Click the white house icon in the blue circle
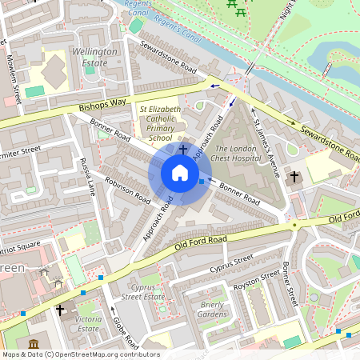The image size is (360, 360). point(180,173)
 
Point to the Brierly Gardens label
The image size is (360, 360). point(213,310)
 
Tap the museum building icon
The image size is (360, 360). point(34,344)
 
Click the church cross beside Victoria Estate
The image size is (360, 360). point(60,310)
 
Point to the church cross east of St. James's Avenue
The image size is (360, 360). point(294,176)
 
